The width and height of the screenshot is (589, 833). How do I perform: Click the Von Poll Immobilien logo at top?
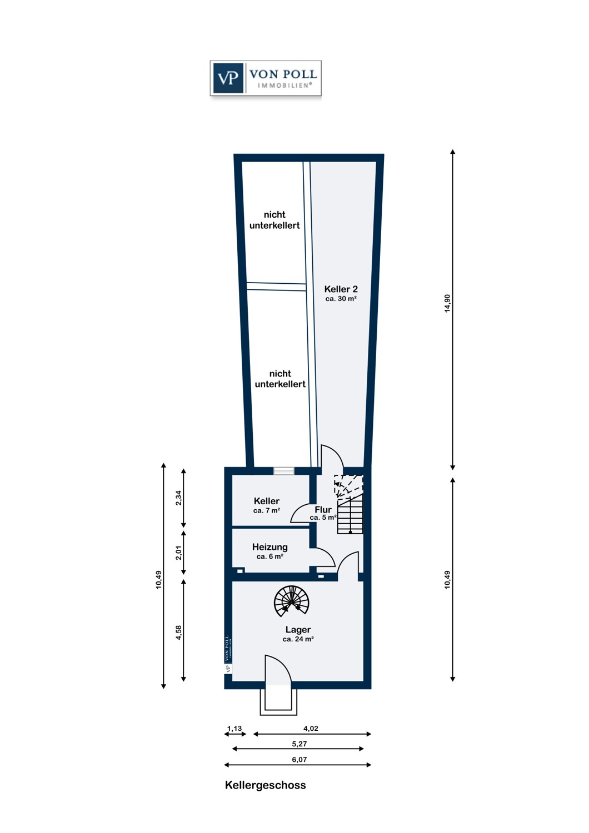click(266, 78)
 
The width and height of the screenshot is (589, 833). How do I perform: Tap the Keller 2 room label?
click(341, 289)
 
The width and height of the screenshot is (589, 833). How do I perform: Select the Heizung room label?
click(269, 547)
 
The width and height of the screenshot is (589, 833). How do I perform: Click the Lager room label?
click(298, 630)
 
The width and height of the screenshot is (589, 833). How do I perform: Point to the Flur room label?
click(323, 509)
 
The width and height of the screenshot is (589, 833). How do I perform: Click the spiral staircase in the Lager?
click(291, 601)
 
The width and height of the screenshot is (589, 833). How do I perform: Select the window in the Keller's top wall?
click(283, 471)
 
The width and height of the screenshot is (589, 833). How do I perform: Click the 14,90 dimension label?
click(447, 303)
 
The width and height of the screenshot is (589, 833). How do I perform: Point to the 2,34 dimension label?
click(178, 498)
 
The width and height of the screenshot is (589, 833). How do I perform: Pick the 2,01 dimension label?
click(178, 553)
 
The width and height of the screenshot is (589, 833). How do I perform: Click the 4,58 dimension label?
click(178, 633)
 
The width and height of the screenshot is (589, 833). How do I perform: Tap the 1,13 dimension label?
click(234, 729)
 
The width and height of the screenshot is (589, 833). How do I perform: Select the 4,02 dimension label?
click(311, 728)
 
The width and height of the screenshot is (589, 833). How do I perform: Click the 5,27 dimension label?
click(299, 744)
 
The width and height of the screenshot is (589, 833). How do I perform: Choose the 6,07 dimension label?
click(299, 760)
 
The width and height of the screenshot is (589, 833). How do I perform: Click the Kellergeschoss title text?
click(265, 785)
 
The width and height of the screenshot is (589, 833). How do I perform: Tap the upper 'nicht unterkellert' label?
click(274, 220)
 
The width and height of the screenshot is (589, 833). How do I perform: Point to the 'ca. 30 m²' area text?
click(341, 299)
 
